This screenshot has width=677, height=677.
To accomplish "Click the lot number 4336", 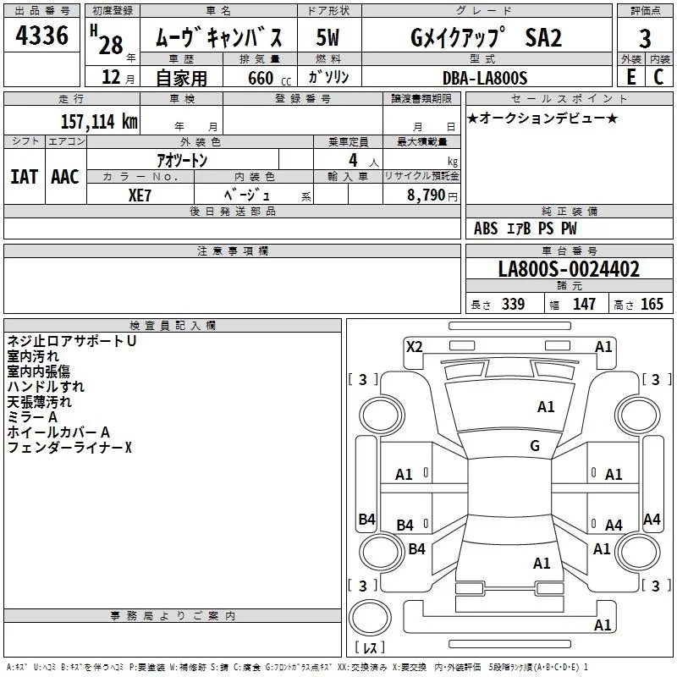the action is pyautogui.click(x=41, y=35).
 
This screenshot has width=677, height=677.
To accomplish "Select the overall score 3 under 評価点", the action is pyautogui.click(x=645, y=39).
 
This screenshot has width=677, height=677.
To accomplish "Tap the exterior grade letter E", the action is pyautogui.click(x=631, y=77).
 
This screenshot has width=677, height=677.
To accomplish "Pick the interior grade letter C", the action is pyautogui.click(x=658, y=77).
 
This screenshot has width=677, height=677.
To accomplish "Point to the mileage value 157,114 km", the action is pyautogui.click(x=99, y=121).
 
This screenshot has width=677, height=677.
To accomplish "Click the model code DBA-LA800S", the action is pyautogui.click(x=485, y=78).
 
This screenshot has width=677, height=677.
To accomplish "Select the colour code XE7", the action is pyautogui.click(x=140, y=195).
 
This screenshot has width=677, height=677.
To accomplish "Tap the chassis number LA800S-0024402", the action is pyautogui.click(x=569, y=268).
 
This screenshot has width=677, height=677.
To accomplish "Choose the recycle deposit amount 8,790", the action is pyautogui.click(x=426, y=195).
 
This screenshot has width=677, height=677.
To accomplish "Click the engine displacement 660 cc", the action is pyautogui.click(x=269, y=78).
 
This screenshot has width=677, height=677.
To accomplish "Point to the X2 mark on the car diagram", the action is pyautogui.click(x=414, y=346).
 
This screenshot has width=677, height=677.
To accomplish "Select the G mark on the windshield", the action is pyautogui.click(x=535, y=445).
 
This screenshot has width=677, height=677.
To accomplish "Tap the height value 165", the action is pyautogui.click(x=652, y=304).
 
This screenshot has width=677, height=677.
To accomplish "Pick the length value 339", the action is pyautogui.click(x=513, y=304).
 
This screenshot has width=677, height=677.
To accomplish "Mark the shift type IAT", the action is pyautogui.click(x=25, y=177).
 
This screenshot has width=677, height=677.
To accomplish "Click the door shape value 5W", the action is pyautogui.click(x=327, y=37).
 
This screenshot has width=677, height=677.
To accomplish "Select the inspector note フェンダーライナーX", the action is pyautogui.click(x=69, y=448).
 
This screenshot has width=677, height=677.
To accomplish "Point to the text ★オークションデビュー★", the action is pyautogui.click(x=542, y=118).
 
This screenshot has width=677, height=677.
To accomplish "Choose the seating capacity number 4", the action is pyautogui.click(x=353, y=160).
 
